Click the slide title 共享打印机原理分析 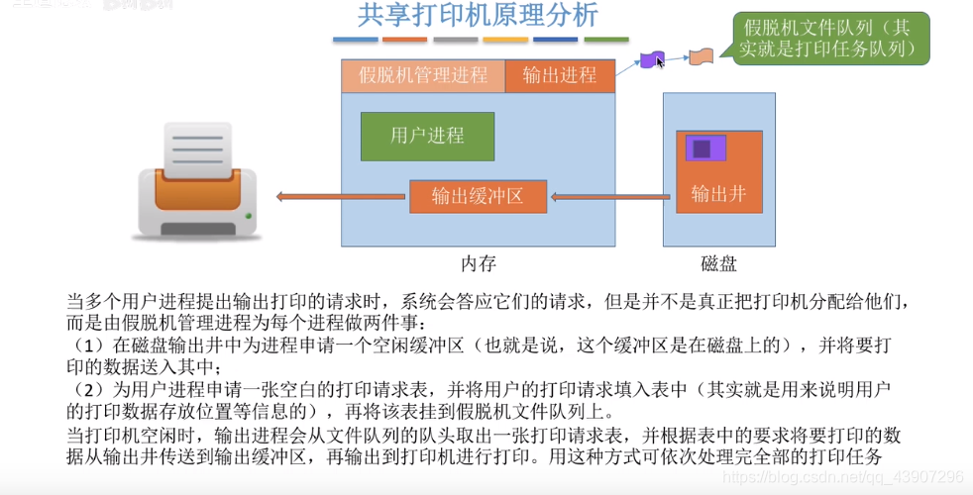(x=478, y=16)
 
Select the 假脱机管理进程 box (x=423, y=75)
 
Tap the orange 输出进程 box (x=560, y=75)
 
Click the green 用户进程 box (x=427, y=137)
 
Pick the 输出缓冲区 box (x=478, y=196)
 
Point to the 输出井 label (x=718, y=194)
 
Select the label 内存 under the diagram (x=478, y=263)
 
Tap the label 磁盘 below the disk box (x=718, y=263)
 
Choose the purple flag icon (x=650, y=59)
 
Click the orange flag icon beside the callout (x=701, y=57)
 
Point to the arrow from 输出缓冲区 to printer (x=342, y=197)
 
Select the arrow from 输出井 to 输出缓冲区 (x=608, y=197)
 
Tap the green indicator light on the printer (x=249, y=216)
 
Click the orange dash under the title (x=404, y=41)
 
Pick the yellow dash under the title (x=505, y=41)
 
